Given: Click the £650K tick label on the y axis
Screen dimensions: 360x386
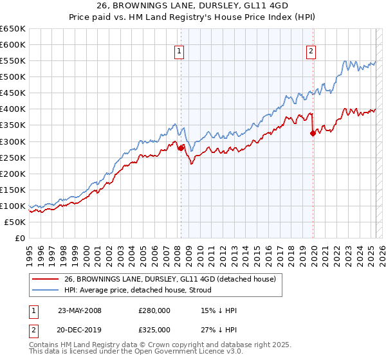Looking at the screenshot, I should [13, 29].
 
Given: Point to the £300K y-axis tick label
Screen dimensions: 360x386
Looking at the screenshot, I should [13, 141].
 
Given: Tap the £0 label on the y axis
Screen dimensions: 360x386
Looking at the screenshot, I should [20, 239].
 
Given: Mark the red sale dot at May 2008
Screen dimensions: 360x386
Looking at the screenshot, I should [181, 148].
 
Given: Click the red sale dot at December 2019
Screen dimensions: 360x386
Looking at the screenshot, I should [313, 134].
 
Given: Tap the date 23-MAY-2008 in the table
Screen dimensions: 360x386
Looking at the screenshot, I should [79, 310].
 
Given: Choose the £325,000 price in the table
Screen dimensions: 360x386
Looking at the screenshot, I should [154, 329].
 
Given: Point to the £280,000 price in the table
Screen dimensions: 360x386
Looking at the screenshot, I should [154, 310].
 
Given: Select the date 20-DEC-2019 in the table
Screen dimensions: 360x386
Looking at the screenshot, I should [79, 329].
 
